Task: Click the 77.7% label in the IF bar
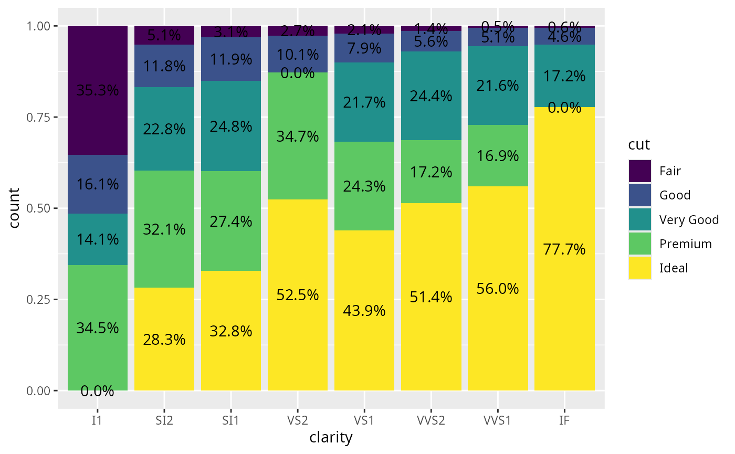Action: tap(564, 250)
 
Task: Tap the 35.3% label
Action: tap(98, 91)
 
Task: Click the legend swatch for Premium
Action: tap(639, 244)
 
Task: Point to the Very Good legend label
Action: tap(689, 220)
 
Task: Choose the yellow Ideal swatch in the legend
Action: tap(639, 268)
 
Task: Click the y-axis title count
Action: tap(14, 208)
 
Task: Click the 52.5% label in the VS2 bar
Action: tap(298, 295)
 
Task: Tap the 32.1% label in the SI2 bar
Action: tap(164, 230)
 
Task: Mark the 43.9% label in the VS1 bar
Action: tap(364, 311)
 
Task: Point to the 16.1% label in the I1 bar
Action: tap(98, 185)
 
